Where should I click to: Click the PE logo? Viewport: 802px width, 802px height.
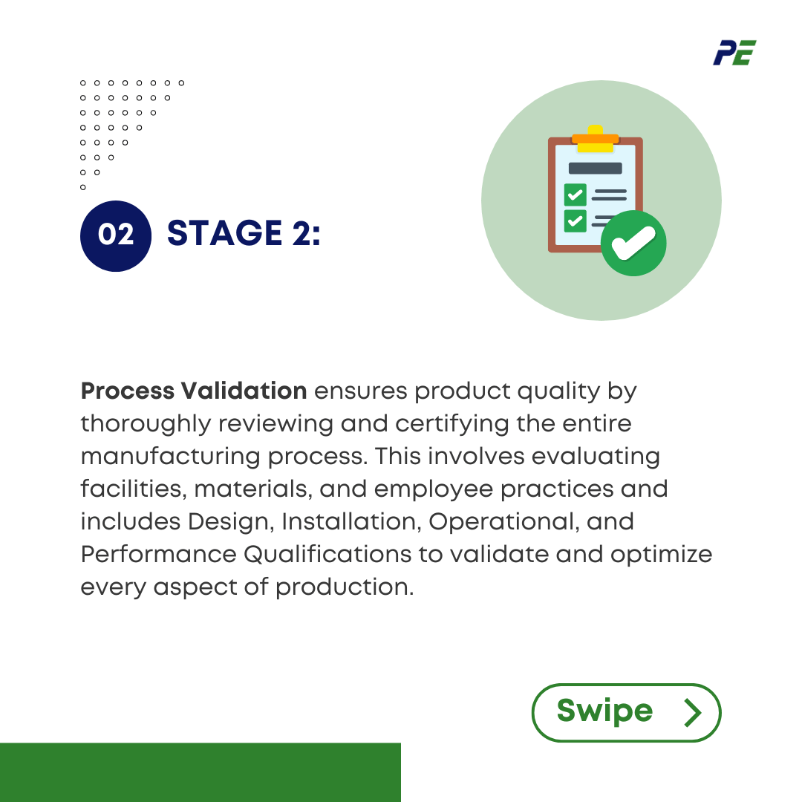pos(734,53)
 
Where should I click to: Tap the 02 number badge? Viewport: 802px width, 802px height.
pos(116,235)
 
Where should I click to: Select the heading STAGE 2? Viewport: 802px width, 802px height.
pos(244,233)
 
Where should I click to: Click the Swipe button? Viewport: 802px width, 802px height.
pos(626,712)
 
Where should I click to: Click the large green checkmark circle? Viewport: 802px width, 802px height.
pos(633,244)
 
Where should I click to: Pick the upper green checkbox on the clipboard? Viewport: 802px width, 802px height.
pos(576,195)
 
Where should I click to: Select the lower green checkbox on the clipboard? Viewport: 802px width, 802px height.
pos(576,221)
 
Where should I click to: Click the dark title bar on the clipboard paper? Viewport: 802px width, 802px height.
pos(595,168)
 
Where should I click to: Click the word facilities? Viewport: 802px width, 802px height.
pos(131,489)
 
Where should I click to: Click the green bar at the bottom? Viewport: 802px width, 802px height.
pos(200,772)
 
